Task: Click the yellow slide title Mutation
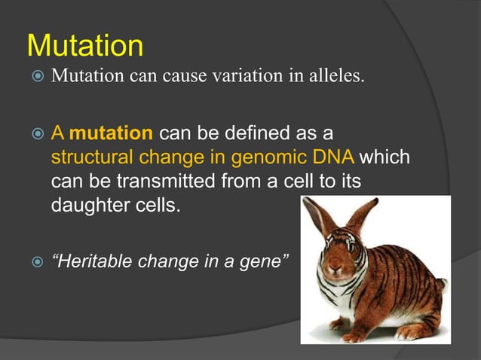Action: pos(84,46)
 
